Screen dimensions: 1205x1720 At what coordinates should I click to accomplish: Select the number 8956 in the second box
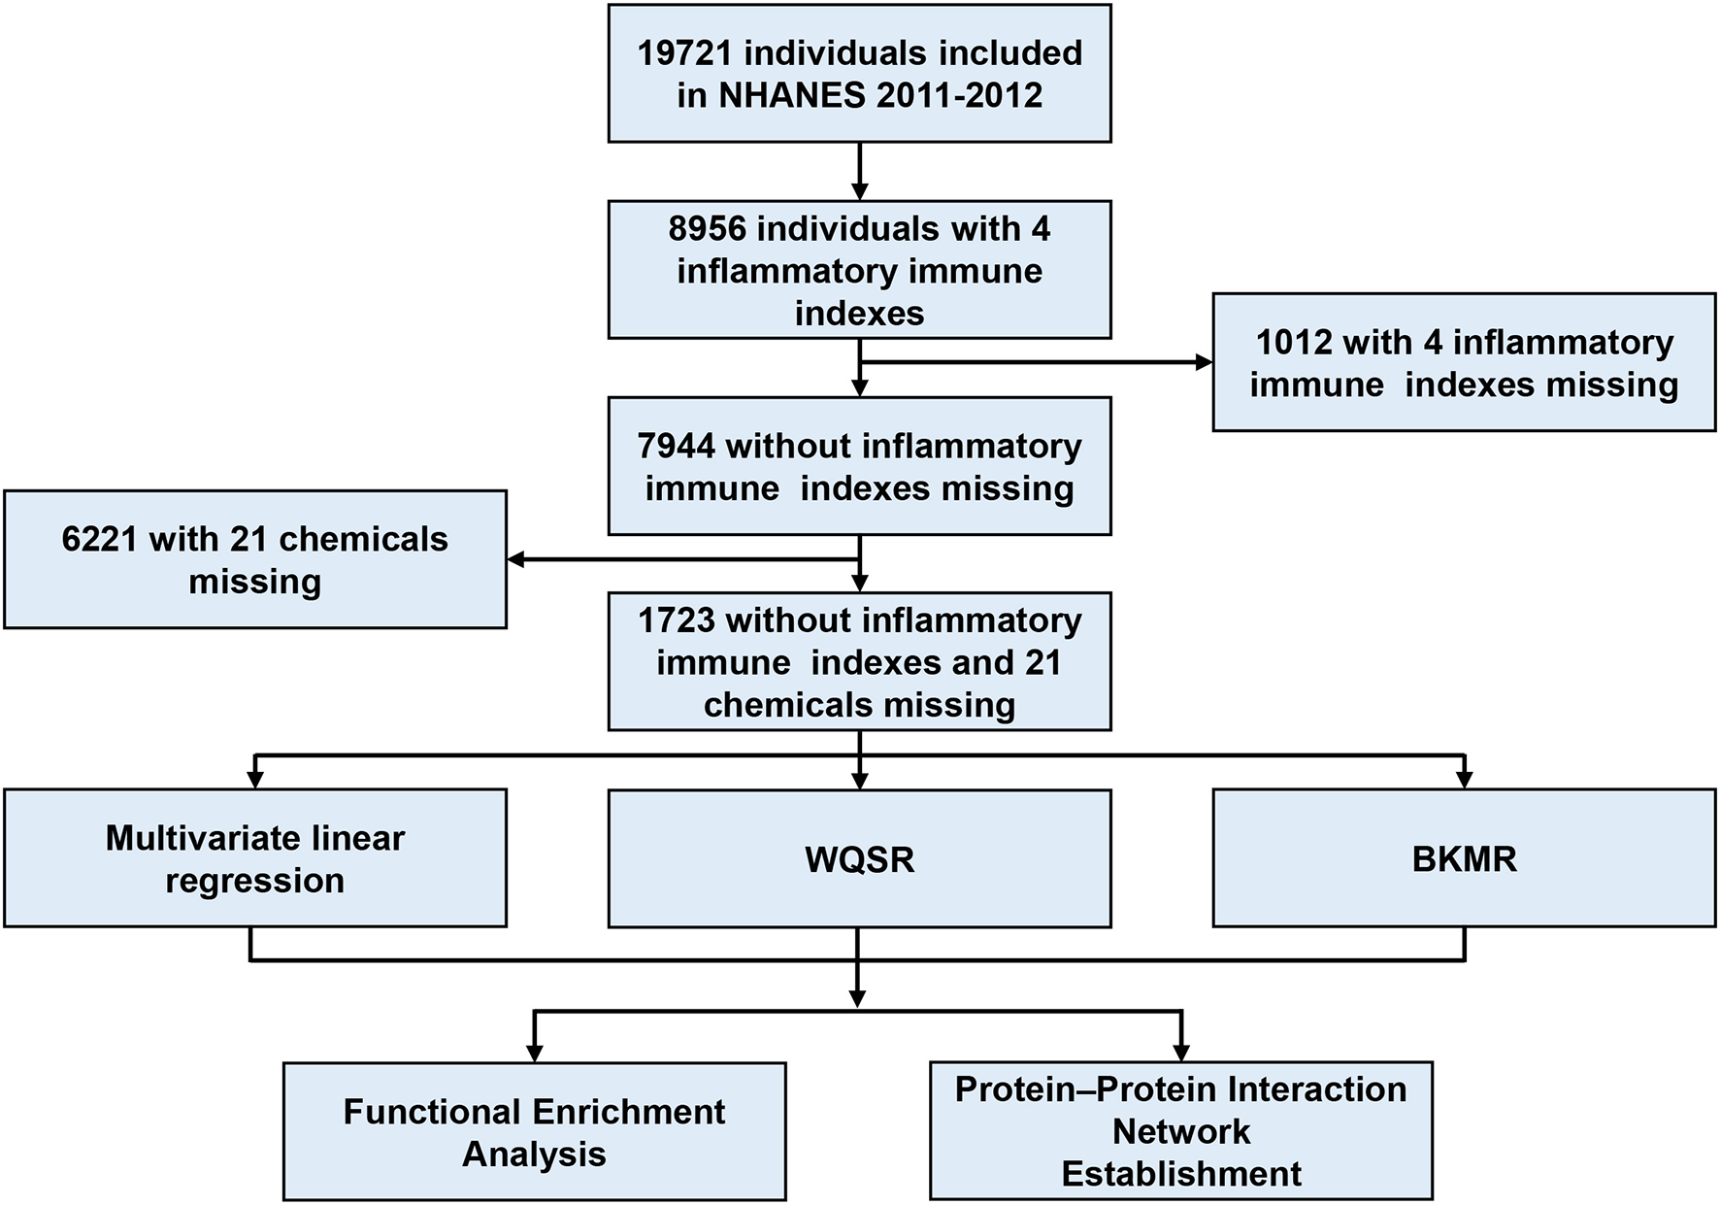click(x=708, y=229)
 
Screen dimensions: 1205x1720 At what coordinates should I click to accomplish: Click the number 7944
click(x=677, y=446)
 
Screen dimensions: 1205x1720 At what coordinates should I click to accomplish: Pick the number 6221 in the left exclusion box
click(x=101, y=539)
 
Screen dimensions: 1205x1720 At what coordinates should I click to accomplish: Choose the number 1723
click(x=677, y=620)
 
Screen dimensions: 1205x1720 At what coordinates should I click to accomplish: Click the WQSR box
click(x=859, y=858)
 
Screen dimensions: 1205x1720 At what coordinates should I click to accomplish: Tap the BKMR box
click(x=1464, y=858)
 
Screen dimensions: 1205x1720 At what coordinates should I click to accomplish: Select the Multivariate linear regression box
click(x=254, y=858)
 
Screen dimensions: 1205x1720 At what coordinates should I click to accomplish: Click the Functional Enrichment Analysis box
click(x=534, y=1132)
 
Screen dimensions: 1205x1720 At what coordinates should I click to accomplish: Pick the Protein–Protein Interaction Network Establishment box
click(x=1180, y=1132)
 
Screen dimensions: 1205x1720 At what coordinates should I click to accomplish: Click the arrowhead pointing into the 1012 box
click(x=1204, y=362)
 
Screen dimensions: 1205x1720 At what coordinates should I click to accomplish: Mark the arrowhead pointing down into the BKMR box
click(x=1464, y=779)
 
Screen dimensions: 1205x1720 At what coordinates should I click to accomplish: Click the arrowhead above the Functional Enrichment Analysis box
click(x=534, y=1053)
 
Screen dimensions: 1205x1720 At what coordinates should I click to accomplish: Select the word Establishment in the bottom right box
click(x=1180, y=1174)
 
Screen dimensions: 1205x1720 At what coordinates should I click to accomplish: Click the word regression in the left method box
click(x=254, y=881)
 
